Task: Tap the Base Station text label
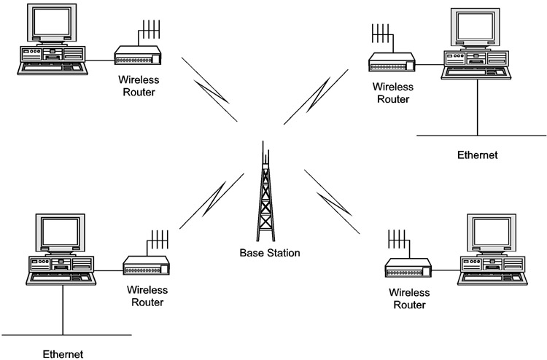point(270,253)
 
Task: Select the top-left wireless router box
point(136,54)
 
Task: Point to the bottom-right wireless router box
point(408,269)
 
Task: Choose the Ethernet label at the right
point(477,154)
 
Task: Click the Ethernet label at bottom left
point(62,353)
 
